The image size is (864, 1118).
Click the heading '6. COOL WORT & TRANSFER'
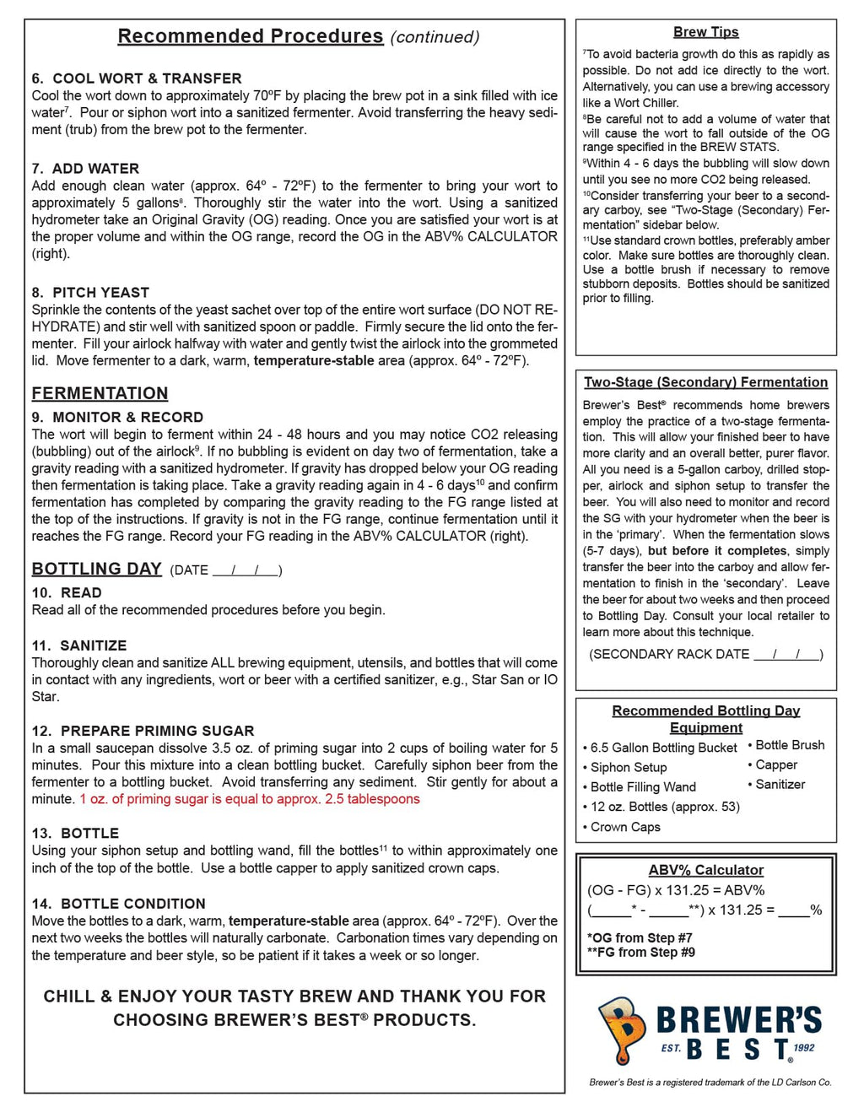pos(137,78)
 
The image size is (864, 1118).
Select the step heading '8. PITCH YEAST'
pos(90,293)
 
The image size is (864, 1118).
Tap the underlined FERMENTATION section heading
pos(100,393)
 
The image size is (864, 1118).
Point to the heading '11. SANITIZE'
pos(79,645)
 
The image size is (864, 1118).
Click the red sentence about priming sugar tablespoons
pos(250,799)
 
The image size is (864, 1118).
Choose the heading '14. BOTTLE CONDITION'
pos(119,904)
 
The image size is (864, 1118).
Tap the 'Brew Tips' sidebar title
pos(705,32)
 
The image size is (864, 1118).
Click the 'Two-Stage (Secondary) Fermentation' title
pos(705,382)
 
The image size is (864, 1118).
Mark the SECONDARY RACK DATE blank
pos(786,655)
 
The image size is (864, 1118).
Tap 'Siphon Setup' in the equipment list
pos(629,767)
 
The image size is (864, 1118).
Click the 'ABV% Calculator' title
pos(705,870)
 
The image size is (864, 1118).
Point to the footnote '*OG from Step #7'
pos(640,937)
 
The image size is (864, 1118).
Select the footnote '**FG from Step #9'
pos(641,952)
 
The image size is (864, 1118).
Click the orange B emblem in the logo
pos(622,1028)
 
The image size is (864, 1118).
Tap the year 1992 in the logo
pos(804,1048)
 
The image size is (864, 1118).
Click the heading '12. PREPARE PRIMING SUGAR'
pos(143,731)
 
